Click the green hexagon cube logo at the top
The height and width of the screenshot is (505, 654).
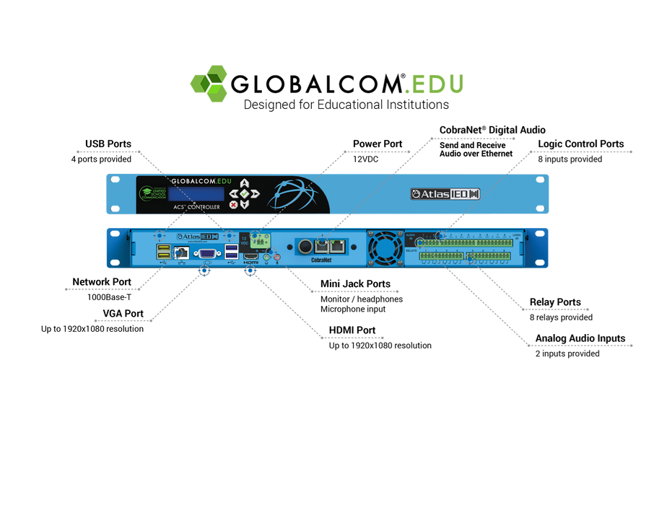[x=209, y=84]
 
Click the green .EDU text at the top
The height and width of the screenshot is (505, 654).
[x=434, y=84]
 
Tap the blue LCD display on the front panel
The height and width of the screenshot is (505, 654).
[x=196, y=194]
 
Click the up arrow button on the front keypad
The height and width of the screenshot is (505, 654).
[x=245, y=183]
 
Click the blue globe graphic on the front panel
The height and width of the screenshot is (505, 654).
[x=292, y=195]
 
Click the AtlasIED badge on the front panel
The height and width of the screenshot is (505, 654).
[x=445, y=194]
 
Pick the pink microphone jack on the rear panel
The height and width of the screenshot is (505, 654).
[x=276, y=256]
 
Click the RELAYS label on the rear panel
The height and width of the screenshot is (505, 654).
[x=412, y=250]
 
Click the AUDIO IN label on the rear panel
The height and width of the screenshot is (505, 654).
[x=411, y=236]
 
